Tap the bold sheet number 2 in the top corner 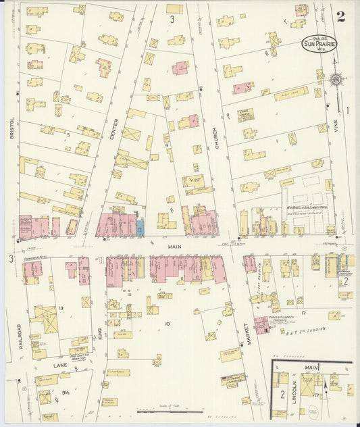[x=340, y=17]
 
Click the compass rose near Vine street [x=335, y=80]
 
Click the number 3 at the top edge [x=172, y=18]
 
